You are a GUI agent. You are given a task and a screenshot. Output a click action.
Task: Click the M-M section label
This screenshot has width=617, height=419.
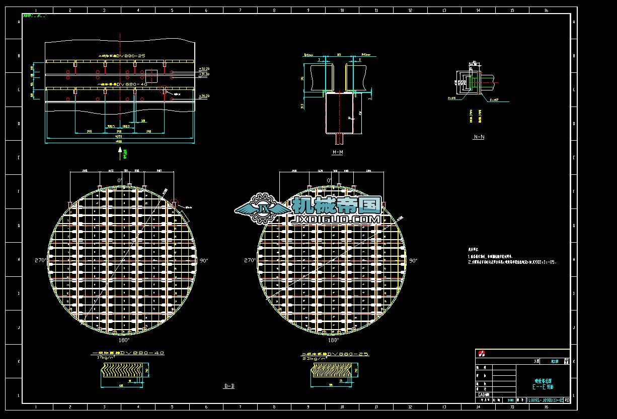click(337, 152)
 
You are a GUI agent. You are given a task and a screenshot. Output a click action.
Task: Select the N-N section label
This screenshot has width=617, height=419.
click(479, 137)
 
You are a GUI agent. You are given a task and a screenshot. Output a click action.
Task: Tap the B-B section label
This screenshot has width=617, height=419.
click(229, 386)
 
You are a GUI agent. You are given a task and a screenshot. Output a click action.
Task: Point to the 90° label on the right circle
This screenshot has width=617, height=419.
click(413, 261)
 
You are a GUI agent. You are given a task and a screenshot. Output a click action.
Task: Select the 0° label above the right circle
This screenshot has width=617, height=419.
click(330, 180)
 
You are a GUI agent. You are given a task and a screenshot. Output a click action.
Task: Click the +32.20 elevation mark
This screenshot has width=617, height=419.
click(204, 68)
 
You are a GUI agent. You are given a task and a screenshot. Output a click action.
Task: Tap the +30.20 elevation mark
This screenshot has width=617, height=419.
click(204, 95)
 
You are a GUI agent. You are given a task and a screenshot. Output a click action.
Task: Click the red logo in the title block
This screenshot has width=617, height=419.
click(482, 354)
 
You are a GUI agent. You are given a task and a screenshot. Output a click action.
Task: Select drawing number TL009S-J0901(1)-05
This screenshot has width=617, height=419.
click(545, 400)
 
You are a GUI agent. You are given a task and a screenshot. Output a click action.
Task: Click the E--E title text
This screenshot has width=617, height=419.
click(543, 387)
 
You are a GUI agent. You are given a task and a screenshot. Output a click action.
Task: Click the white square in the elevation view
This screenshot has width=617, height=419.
click(152, 76)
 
